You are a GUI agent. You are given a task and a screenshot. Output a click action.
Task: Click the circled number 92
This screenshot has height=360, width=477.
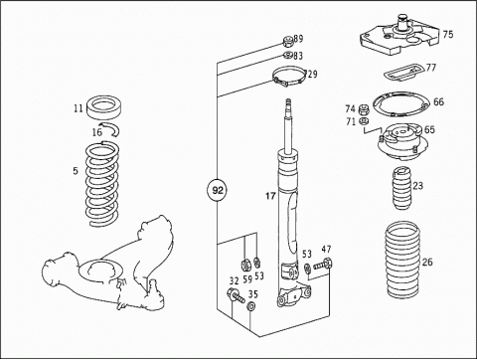click(218, 190)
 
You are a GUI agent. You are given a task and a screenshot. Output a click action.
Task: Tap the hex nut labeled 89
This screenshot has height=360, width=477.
click(288, 42)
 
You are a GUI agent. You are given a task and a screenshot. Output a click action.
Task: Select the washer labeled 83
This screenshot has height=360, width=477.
click(288, 55)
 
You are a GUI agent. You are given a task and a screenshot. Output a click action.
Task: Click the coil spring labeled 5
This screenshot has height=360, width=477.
click(102, 184)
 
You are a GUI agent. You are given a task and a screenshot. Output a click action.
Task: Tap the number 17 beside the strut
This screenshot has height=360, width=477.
click(270, 196)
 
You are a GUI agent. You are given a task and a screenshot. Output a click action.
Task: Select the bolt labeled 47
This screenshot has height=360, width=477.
click(323, 265)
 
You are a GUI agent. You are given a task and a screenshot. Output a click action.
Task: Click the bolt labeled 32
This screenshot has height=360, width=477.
click(236, 295)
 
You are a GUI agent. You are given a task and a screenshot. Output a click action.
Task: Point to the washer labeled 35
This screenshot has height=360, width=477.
click(251, 306)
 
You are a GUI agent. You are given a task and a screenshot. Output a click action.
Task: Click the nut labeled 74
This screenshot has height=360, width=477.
click(364, 108)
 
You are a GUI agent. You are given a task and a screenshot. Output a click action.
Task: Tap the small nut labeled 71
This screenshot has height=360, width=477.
click(364, 120)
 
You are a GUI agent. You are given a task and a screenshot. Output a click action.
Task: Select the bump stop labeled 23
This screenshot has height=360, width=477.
click(402, 189)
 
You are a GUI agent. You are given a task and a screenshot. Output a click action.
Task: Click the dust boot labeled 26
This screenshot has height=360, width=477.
click(402, 260)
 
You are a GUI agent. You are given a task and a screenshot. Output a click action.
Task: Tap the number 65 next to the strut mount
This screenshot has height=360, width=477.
click(429, 129)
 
